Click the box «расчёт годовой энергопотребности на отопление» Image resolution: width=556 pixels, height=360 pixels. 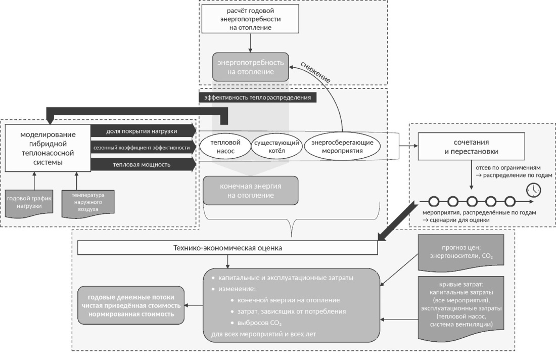pos(250,19)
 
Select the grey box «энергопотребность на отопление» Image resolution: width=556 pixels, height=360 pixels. pos(250,67)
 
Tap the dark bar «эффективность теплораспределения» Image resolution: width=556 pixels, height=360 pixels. pos(257,98)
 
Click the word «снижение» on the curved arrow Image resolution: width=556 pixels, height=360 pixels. pos(315,72)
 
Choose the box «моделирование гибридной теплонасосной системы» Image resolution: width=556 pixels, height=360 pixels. pos(48,148)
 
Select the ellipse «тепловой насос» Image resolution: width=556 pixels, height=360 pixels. pos(225,147)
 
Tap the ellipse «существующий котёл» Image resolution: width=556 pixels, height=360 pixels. pos(276,147)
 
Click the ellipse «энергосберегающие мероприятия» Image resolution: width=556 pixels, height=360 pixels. pos(342,147)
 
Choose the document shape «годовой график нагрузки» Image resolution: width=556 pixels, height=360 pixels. pos(29,204)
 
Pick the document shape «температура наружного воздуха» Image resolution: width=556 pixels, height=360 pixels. pos(88,203)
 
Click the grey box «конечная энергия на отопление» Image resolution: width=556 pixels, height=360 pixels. pos(250,191)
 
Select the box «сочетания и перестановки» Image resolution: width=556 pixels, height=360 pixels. pos(471,147)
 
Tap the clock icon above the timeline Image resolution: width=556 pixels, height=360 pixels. pos(534,190)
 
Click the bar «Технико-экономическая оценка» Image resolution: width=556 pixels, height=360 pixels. pos(227,248)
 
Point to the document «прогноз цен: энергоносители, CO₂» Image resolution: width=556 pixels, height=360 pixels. pos(461,252)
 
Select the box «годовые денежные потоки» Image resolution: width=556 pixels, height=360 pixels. pos(131,305)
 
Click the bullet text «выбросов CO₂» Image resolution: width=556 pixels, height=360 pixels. pos(259,323)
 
